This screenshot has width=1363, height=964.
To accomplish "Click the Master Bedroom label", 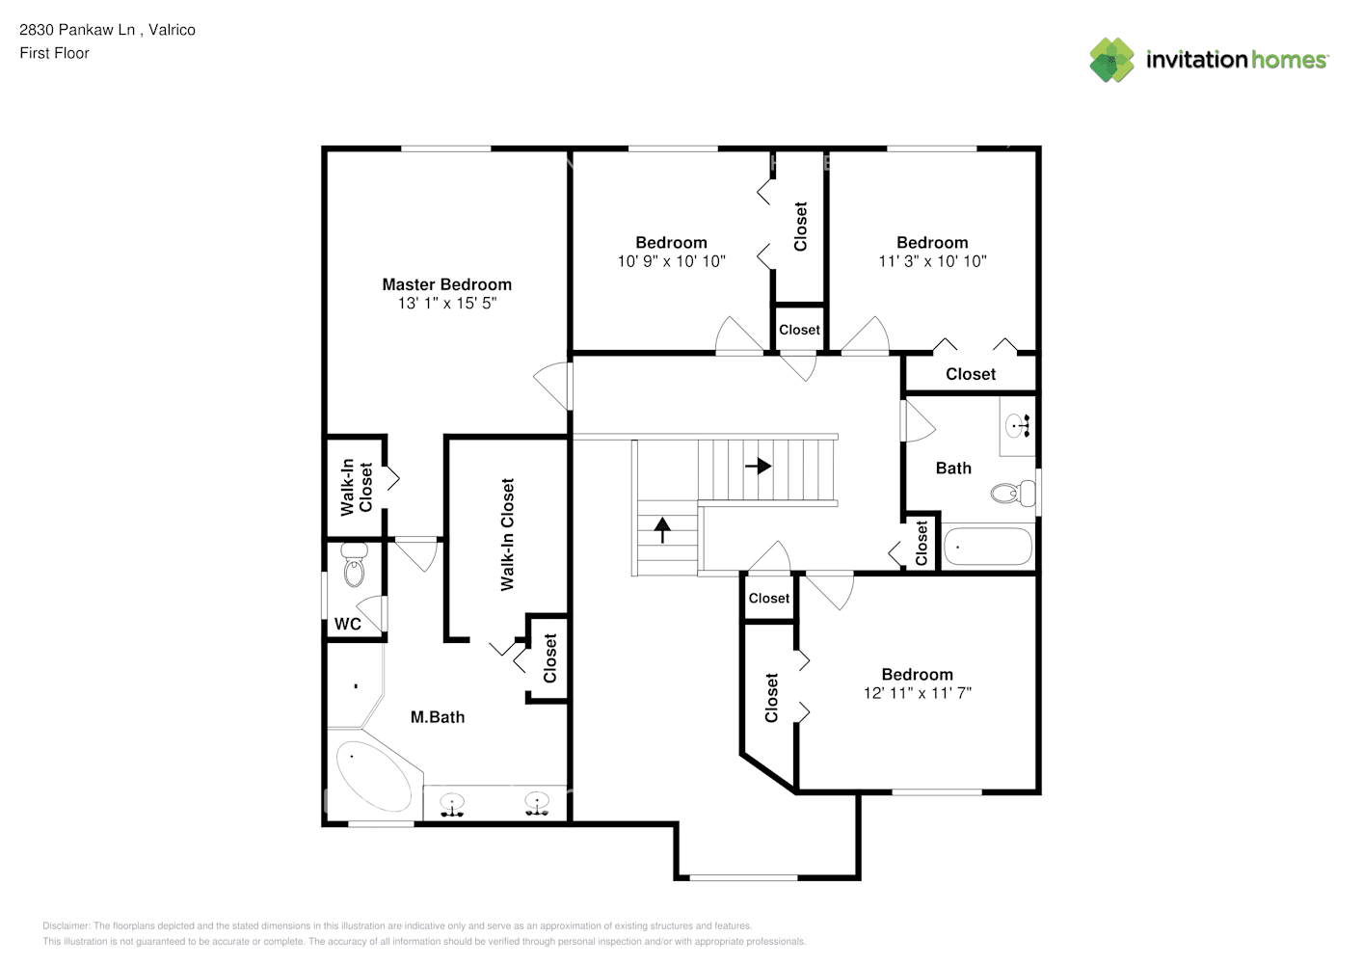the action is (x=446, y=284).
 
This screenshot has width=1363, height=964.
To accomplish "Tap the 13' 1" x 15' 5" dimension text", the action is (x=447, y=303).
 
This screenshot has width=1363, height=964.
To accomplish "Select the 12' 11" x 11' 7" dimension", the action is (x=918, y=692).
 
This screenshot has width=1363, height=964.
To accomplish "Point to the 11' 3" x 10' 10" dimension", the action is (x=932, y=261).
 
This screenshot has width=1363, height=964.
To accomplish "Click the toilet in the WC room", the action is (x=354, y=564).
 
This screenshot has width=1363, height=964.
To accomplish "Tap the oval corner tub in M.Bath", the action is (x=374, y=776).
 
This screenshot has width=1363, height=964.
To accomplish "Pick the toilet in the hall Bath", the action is (x=1013, y=493).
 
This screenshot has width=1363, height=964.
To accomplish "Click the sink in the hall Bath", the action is (x=1017, y=425).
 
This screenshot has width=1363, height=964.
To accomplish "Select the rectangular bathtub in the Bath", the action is (x=988, y=547).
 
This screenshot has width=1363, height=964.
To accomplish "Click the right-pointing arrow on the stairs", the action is (x=759, y=467).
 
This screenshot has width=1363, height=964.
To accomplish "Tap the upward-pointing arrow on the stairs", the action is (x=662, y=530).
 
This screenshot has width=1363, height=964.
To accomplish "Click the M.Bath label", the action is (x=438, y=717).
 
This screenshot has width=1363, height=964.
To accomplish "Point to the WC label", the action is (x=347, y=624).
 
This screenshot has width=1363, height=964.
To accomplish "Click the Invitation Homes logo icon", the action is (x=1111, y=60).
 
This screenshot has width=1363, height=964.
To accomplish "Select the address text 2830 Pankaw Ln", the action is (x=77, y=30).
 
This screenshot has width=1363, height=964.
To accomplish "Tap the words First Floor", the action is (x=54, y=53).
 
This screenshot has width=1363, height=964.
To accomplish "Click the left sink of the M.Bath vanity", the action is (x=452, y=805).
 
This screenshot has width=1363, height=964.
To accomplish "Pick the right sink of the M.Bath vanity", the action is (x=537, y=803).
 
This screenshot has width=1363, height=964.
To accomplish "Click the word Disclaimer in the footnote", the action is (x=66, y=925).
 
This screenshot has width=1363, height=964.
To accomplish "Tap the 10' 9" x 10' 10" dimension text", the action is (x=671, y=261).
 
